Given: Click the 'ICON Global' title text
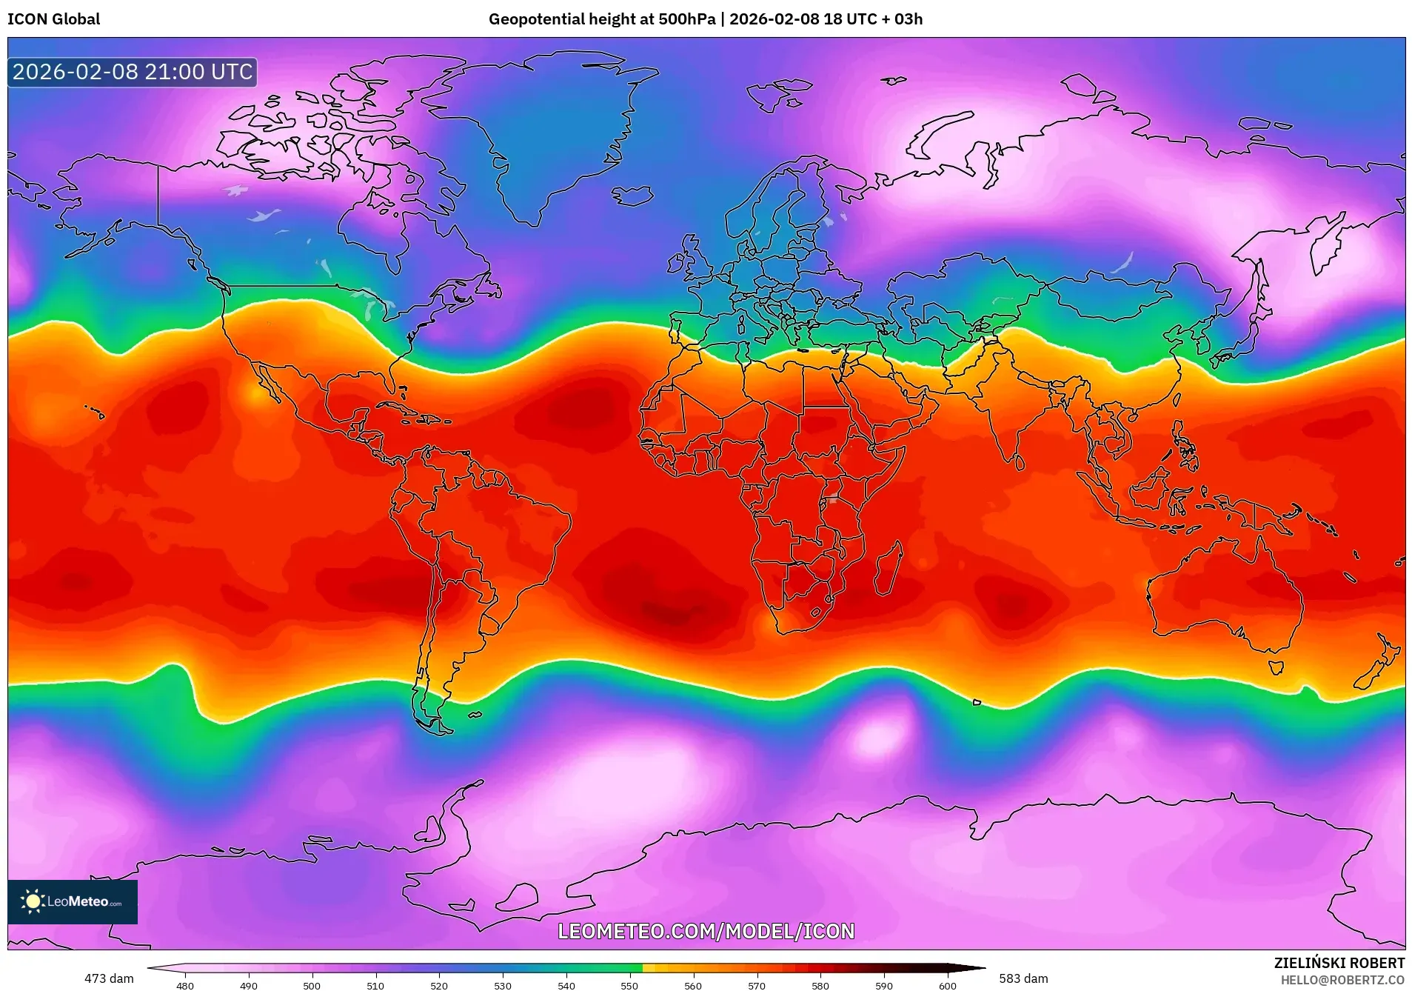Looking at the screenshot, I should point(53,19).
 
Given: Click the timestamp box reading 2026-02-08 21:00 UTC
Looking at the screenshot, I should point(133,72).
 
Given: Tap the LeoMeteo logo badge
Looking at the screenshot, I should point(73,901).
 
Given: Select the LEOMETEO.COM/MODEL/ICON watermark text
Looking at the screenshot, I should point(706,931).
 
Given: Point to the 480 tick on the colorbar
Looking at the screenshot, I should point(185,985).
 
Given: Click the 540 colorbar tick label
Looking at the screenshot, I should point(566,985).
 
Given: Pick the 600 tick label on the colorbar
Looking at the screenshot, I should point(948,985).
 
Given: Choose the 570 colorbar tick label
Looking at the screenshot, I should point(757,985).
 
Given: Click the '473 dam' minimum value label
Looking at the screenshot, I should point(109,978).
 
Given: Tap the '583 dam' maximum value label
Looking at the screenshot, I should point(1023,978).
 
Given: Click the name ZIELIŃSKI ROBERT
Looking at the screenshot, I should point(1339,963).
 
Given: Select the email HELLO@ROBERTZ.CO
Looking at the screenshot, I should point(1342,980).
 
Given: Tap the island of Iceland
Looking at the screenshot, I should point(632,196).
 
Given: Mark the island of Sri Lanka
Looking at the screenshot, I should point(1020,461).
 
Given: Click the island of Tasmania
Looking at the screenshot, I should point(1276,667).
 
